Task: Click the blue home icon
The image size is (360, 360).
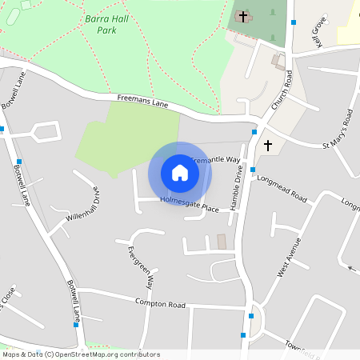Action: (x=180, y=173)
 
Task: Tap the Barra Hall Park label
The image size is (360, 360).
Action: (x=101, y=23)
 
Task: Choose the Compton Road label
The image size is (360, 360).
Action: (x=160, y=305)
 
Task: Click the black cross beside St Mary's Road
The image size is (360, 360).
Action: (x=268, y=146)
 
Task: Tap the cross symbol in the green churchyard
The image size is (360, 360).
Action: (x=243, y=16)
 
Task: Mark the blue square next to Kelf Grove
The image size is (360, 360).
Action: (x=294, y=22)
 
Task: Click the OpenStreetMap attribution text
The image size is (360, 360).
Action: (x=81, y=354)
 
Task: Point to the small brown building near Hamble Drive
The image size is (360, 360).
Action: (x=222, y=242)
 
